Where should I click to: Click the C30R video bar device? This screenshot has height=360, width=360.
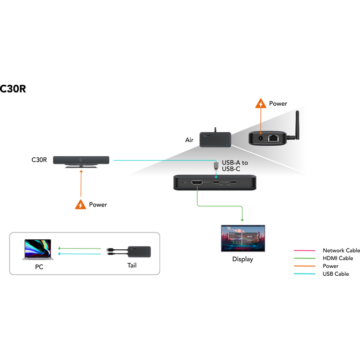[82, 160]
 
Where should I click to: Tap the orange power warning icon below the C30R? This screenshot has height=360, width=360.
[81, 204]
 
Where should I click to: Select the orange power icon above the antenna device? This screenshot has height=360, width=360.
[260, 104]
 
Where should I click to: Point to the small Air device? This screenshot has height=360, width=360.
[214, 139]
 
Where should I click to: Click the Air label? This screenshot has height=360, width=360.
[189, 140]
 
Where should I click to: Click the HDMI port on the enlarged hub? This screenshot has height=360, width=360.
[197, 183]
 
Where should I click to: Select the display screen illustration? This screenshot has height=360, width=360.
[243, 238]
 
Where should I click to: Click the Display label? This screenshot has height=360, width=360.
[243, 259]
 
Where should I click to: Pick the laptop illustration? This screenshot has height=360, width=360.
[38, 250]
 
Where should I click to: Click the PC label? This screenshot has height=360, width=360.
[38, 267]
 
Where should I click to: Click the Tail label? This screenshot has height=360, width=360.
[131, 265]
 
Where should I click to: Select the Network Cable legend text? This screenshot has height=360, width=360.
[341, 250]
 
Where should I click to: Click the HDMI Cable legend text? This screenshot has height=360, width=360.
[338, 258]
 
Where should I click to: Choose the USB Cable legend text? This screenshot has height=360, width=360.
[336, 274]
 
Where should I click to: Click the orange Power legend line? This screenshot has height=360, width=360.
[305, 266]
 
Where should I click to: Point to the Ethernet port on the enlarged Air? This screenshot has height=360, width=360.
[272, 138]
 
